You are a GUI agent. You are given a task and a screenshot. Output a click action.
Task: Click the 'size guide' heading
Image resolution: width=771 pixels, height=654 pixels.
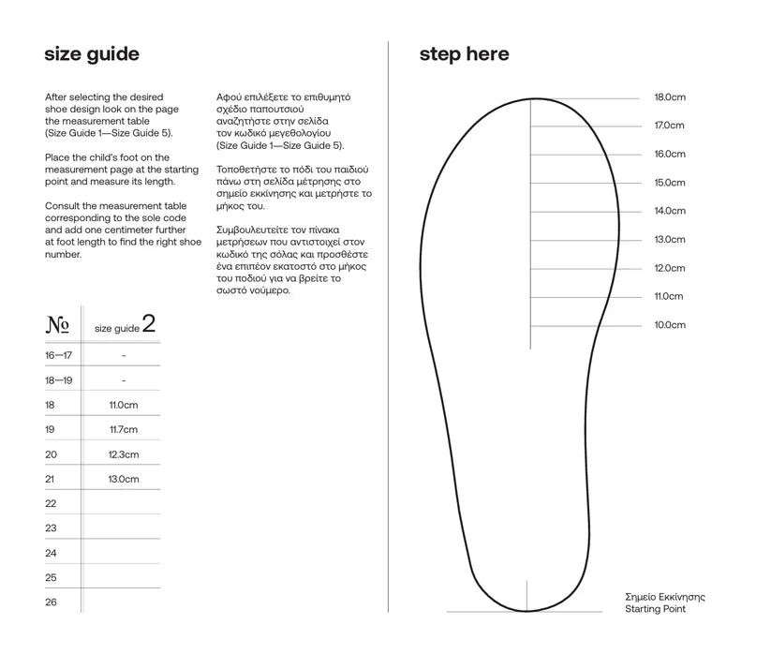[92, 54]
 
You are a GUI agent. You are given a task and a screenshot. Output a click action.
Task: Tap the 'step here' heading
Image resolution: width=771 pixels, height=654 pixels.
[464, 54]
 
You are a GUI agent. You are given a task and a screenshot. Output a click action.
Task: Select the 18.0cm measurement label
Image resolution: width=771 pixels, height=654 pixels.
[670, 97]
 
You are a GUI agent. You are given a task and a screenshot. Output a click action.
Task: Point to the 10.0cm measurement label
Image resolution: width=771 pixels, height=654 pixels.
[670, 325]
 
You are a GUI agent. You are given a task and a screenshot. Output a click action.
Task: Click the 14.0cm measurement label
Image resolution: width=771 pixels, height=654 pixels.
[670, 211]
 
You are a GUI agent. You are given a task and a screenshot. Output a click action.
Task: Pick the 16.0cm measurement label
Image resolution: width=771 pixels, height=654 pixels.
[670, 154]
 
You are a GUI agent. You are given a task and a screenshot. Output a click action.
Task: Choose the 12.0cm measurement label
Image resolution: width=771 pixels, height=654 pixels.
[670, 268]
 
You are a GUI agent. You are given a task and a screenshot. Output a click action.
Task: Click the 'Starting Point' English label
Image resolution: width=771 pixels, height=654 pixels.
[655, 609]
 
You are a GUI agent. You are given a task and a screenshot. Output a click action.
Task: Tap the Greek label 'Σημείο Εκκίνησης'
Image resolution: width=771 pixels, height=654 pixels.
[664, 597]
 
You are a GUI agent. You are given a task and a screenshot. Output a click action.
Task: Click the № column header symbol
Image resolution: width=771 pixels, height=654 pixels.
[57, 326]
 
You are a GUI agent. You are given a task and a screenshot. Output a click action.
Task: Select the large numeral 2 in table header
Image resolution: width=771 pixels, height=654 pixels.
[148, 324]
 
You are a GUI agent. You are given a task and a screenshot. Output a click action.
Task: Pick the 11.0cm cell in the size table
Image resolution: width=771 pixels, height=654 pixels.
[124, 405]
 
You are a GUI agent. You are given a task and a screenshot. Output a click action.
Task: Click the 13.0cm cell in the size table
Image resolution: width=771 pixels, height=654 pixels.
[124, 479]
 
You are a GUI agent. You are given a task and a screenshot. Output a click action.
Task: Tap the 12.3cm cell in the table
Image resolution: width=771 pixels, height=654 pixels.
[124, 454]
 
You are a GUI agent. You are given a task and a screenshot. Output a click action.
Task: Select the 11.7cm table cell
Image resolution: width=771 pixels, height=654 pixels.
[124, 429]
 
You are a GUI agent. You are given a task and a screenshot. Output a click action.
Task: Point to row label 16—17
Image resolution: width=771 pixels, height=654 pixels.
[58, 356]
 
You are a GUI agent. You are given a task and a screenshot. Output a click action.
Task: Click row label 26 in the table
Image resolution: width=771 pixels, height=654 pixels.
[51, 602]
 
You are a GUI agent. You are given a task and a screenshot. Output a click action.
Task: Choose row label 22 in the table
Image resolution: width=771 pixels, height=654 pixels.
[51, 503]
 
